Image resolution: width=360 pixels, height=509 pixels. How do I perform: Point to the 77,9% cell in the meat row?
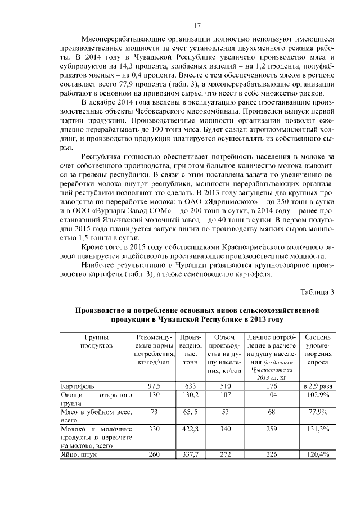(318, 412)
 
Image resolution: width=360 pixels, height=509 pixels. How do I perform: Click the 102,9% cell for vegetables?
(318, 395)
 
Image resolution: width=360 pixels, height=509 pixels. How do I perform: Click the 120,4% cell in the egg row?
(318, 454)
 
